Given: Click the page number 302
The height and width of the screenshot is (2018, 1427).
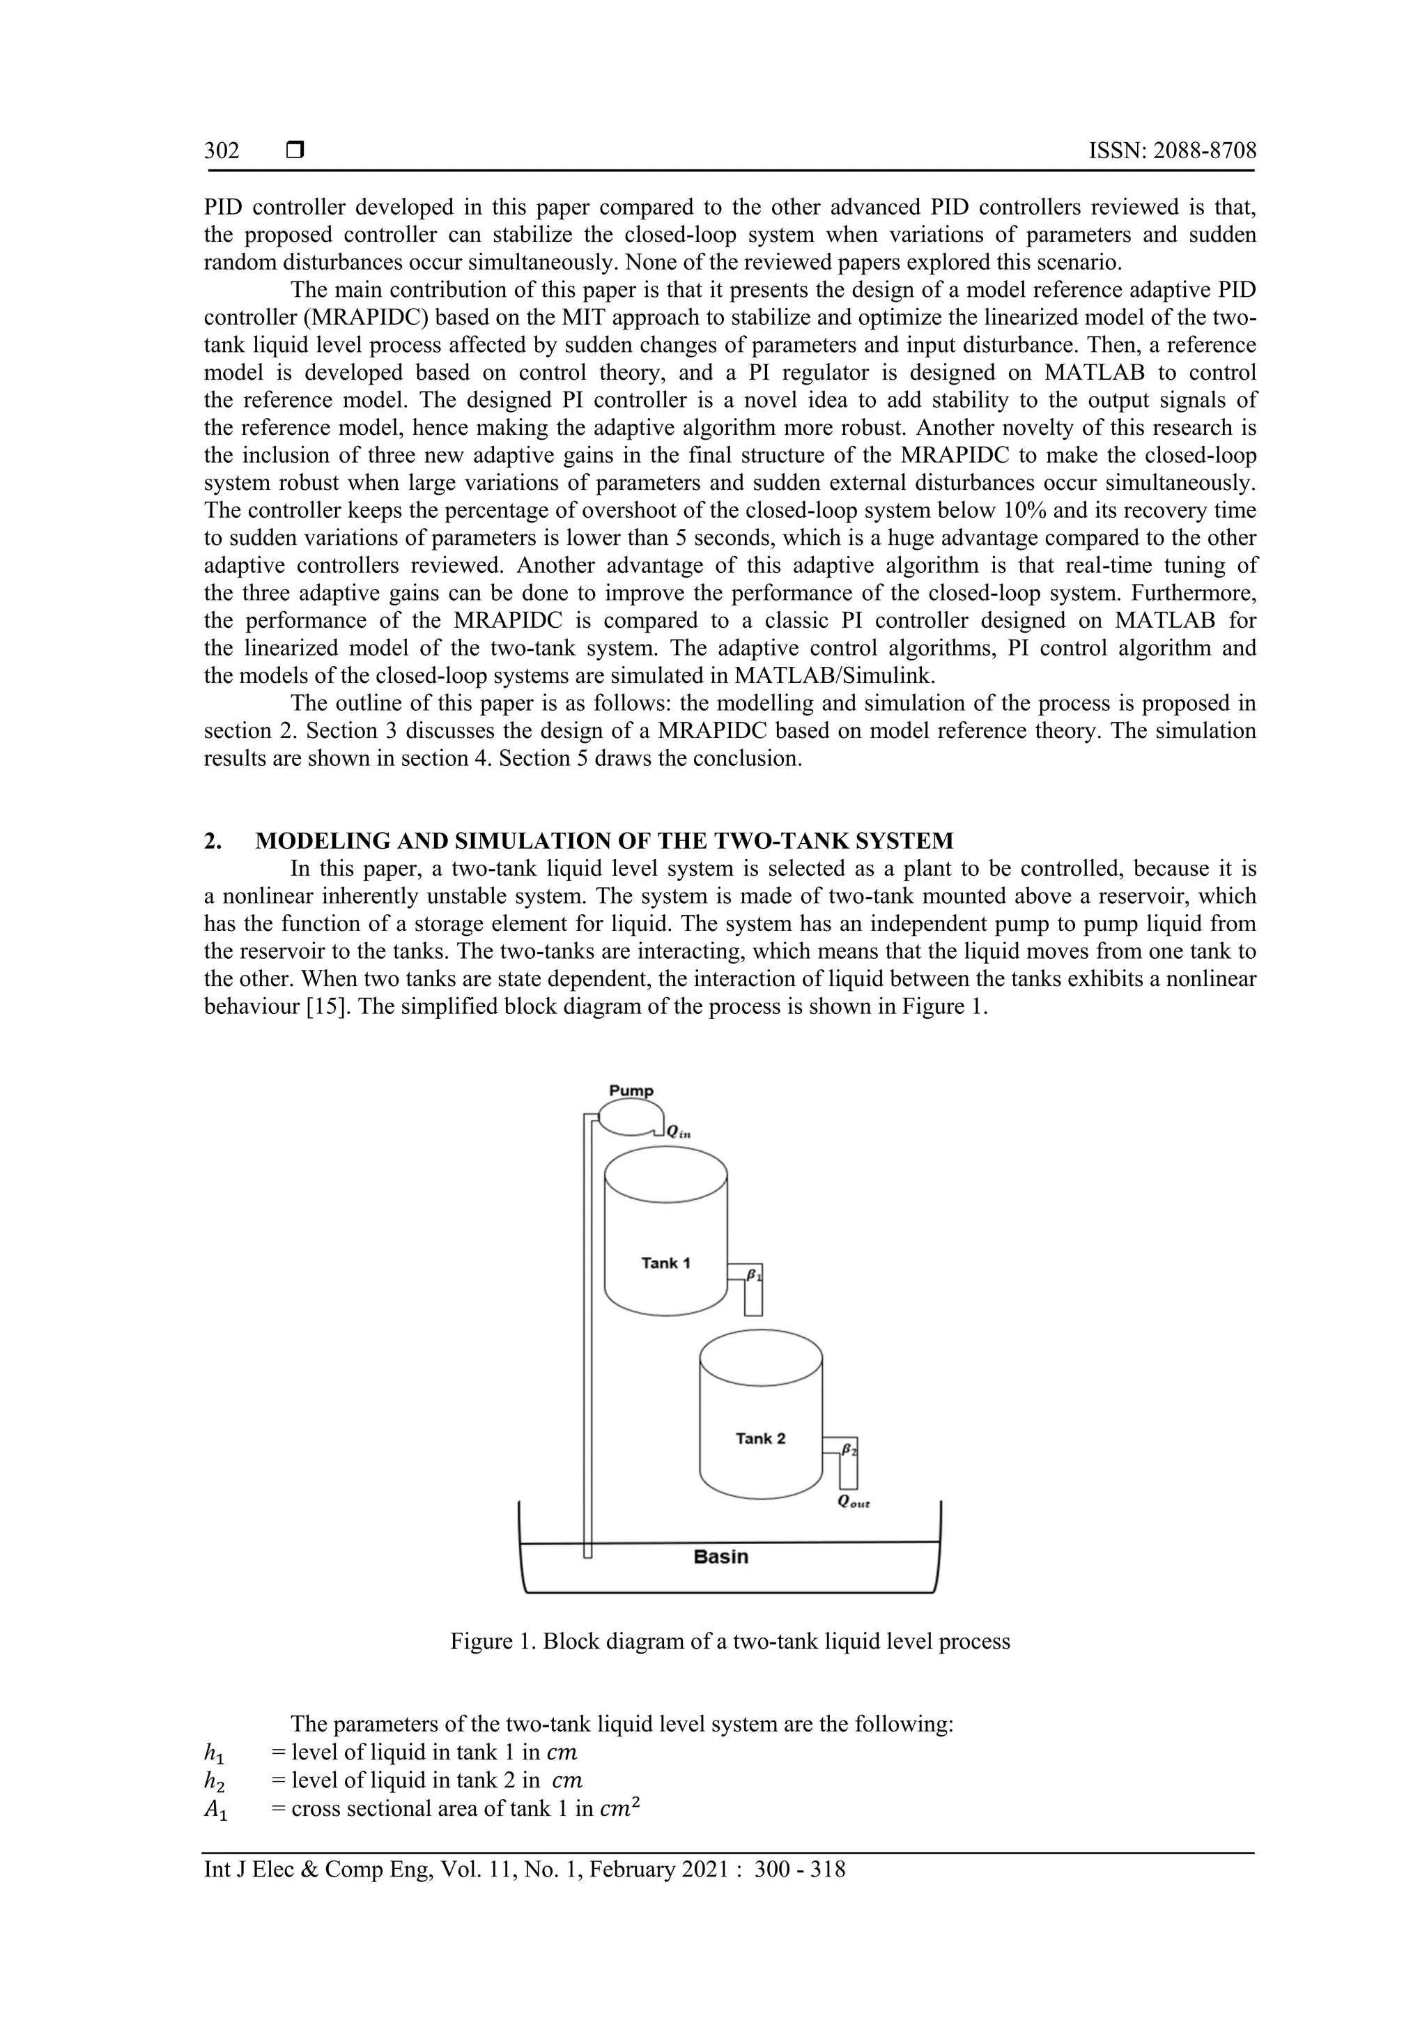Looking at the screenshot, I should click(x=222, y=151).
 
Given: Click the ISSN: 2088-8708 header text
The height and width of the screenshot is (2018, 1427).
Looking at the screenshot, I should click(x=1172, y=151).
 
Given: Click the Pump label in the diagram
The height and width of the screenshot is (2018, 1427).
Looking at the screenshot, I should click(x=631, y=1091).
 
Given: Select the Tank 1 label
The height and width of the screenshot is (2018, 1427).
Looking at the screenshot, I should click(x=665, y=1263).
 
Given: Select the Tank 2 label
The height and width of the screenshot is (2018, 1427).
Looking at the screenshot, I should click(x=760, y=1439).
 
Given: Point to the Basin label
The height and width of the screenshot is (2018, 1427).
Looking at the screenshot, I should click(x=720, y=1557).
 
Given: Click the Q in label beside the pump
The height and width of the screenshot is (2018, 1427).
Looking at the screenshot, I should click(x=679, y=1133).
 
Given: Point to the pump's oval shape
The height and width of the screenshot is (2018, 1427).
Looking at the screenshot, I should click(x=626, y=1118).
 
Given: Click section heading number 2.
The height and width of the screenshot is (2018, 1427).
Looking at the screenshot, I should click(x=212, y=841).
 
